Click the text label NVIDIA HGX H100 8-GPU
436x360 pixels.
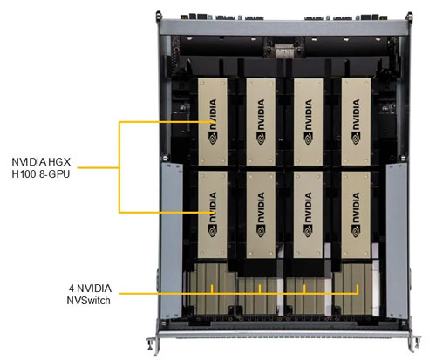46,168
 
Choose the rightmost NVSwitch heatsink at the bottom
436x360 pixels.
352,288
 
